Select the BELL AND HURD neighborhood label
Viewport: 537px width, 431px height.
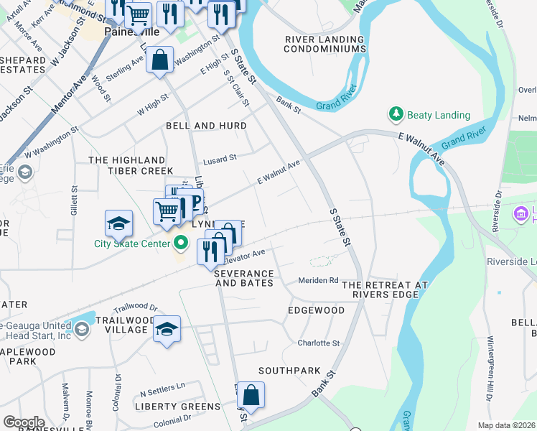tap(206, 126)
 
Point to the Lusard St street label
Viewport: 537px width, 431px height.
tap(220, 158)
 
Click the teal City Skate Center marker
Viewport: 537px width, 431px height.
tap(182, 244)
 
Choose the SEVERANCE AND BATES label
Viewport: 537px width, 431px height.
tap(245, 279)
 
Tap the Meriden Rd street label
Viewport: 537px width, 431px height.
tap(318, 280)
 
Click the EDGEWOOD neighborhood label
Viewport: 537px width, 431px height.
tap(316, 310)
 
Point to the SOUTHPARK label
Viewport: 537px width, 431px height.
tap(289, 371)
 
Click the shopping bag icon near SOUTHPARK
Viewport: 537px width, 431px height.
tap(251, 396)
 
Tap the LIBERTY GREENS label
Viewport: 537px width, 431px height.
tap(177, 407)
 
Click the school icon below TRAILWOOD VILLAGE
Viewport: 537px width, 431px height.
tap(167, 329)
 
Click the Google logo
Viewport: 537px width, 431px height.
tap(24, 422)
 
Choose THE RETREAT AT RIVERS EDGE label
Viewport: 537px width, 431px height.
tap(385, 290)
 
